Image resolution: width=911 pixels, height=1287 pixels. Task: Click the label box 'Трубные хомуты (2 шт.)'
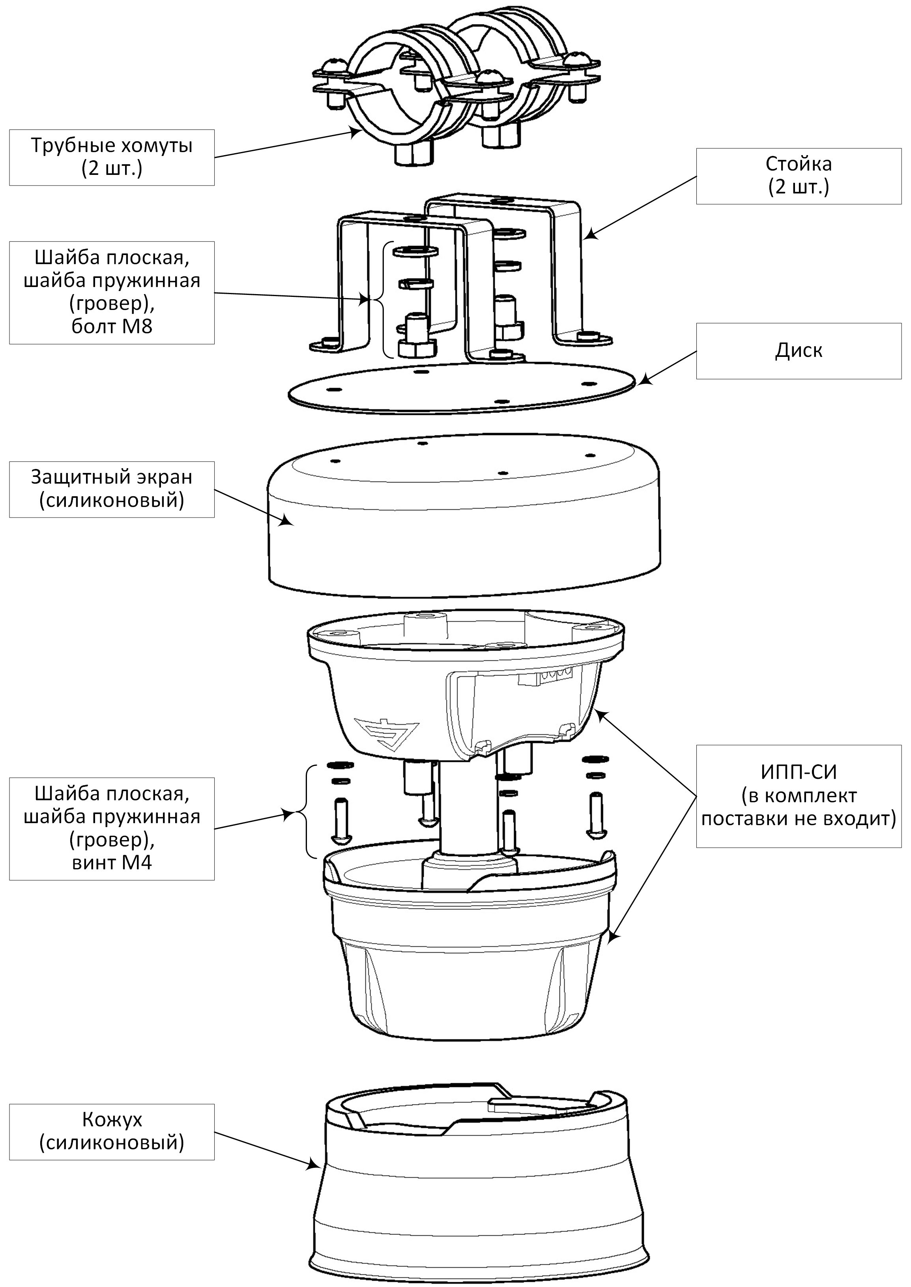112,157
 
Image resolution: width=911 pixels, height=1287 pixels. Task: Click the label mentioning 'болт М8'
112,293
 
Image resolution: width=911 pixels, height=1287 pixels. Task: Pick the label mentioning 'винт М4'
112,828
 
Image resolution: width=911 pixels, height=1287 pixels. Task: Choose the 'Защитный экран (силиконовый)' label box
112,489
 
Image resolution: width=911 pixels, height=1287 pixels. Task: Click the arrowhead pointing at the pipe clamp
355,133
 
